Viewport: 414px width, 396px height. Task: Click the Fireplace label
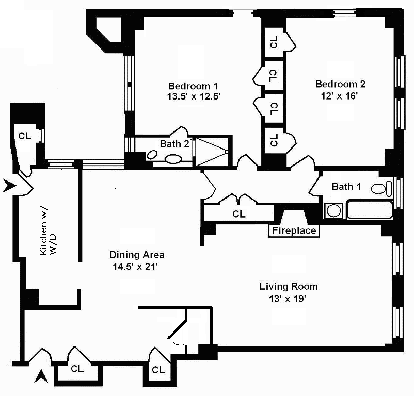pos(294,230)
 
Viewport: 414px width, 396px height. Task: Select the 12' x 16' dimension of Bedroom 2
pos(337,95)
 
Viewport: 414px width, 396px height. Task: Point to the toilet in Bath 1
pos(380,189)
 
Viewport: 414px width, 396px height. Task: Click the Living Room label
pos(288,286)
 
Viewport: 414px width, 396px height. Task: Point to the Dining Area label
pos(137,255)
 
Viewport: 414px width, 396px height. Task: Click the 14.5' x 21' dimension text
pos(137,267)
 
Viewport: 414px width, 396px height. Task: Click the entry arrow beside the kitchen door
pos(9,186)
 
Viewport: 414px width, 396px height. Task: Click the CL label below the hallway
pos(238,213)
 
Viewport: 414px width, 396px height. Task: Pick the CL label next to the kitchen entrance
pos(24,137)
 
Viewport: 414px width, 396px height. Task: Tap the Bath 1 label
pos(346,186)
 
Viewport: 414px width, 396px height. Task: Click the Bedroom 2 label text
pos(337,84)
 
